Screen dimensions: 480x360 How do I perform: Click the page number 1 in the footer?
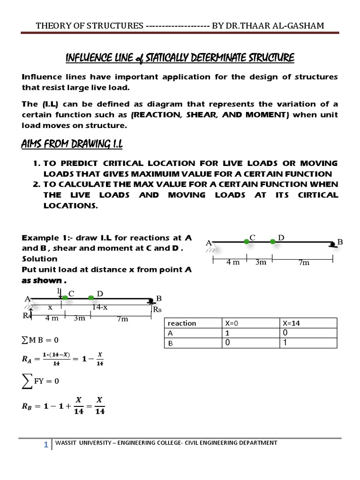[x=46, y=446]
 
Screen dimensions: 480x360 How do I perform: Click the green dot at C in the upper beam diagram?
[x=247, y=241]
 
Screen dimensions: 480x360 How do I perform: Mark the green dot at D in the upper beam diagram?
[x=273, y=241]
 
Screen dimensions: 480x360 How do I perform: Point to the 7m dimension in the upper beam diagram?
[x=304, y=262]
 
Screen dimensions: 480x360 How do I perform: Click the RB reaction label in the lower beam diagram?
[x=157, y=309]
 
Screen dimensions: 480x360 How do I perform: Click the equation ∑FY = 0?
[x=41, y=380]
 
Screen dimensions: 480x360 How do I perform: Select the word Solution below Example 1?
[x=40, y=259]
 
